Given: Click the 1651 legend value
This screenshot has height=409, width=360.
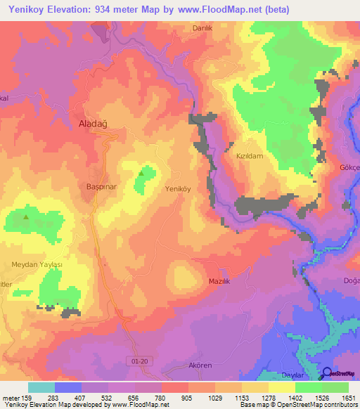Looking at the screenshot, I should [x=348, y=398].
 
